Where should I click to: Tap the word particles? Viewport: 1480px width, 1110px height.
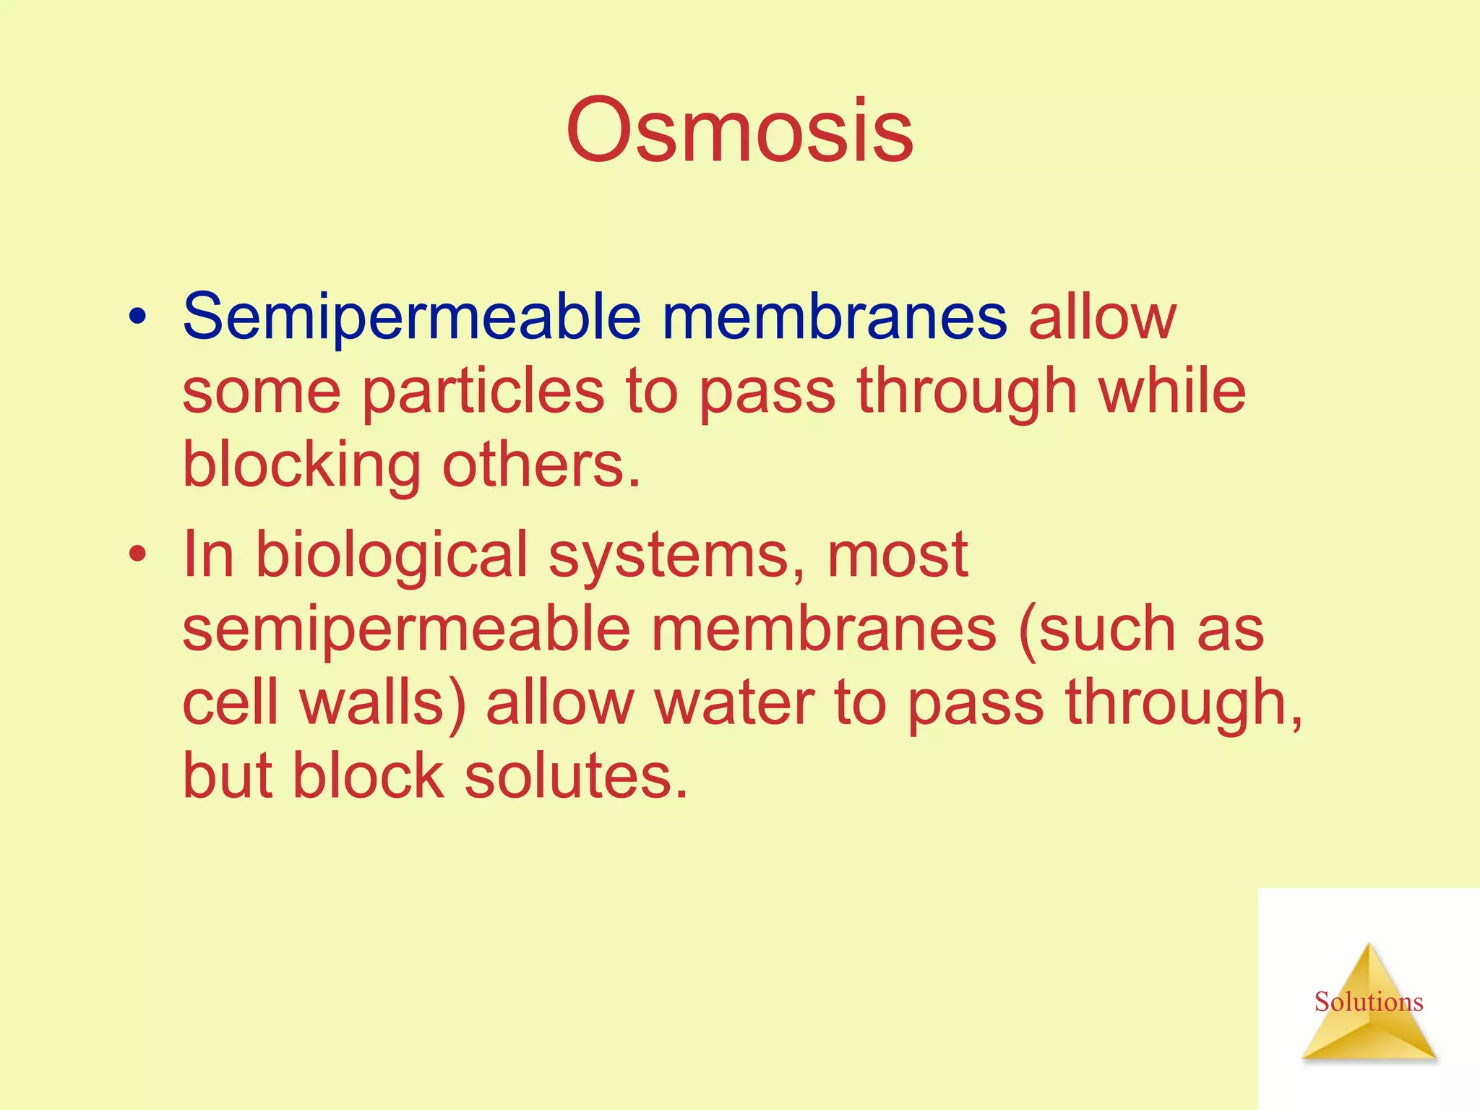pos(483,392)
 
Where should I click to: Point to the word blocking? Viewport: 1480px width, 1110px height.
pos(301,466)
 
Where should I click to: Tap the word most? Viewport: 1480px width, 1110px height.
pos(897,555)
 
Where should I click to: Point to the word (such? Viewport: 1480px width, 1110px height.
pos(1096,629)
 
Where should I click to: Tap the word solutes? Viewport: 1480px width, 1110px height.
pos(576,776)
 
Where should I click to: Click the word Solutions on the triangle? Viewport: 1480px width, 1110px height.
pos(1368,1002)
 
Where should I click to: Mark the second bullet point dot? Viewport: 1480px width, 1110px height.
pos(137,554)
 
